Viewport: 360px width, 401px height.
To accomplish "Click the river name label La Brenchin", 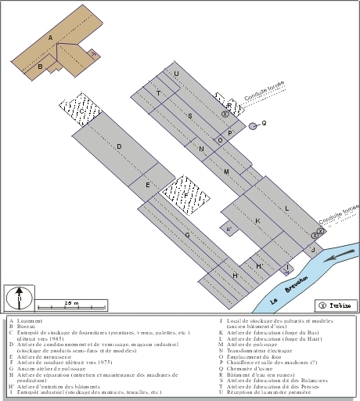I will [x=285, y=289].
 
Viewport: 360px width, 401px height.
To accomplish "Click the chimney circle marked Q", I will [x=253, y=125].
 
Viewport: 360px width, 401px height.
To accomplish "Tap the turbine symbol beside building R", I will [x=225, y=114].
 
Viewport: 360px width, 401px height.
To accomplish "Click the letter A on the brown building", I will [x=50, y=38].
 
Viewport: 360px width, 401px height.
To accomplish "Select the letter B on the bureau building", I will [x=40, y=67].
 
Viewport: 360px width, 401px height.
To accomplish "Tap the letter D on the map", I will [x=119, y=146].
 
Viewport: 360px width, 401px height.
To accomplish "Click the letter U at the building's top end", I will [x=176, y=74].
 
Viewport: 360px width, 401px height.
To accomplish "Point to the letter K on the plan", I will [x=257, y=221].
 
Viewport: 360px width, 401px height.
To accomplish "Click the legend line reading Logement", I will [x=27, y=321].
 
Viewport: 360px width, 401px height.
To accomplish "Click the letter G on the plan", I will [x=187, y=235].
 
